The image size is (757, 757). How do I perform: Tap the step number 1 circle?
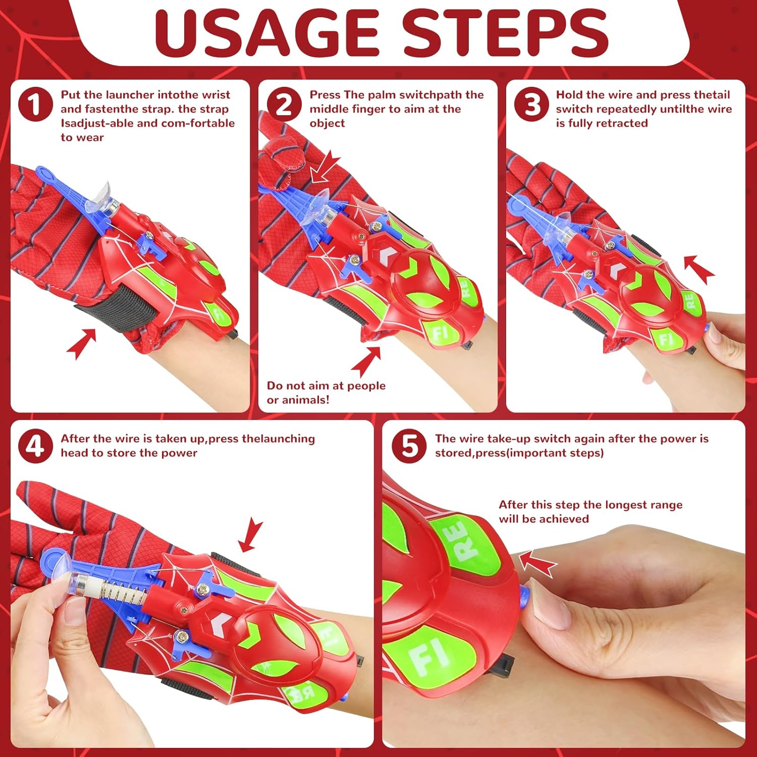point(35,104)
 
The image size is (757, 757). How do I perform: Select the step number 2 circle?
point(284,104)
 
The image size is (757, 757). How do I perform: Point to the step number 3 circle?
point(531,104)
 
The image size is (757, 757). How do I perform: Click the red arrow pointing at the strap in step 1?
point(81,344)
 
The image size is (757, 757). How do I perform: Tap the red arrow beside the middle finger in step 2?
point(325,167)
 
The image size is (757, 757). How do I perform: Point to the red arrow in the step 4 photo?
point(251,535)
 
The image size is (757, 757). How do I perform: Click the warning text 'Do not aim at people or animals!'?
point(326,393)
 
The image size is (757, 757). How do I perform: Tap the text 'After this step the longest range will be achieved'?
point(590,512)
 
